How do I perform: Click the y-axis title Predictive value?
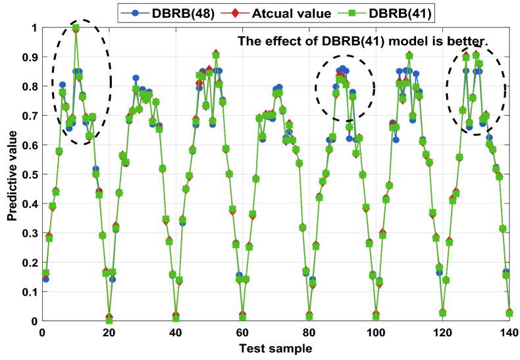click(x=11, y=174)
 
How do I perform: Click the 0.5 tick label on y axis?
click(x=28, y=174)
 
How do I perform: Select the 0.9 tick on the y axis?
click(x=28, y=57)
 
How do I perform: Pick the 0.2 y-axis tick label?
click(x=28, y=263)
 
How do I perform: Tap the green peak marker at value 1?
click(x=76, y=28)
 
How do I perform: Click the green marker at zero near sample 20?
click(x=109, y=321)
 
